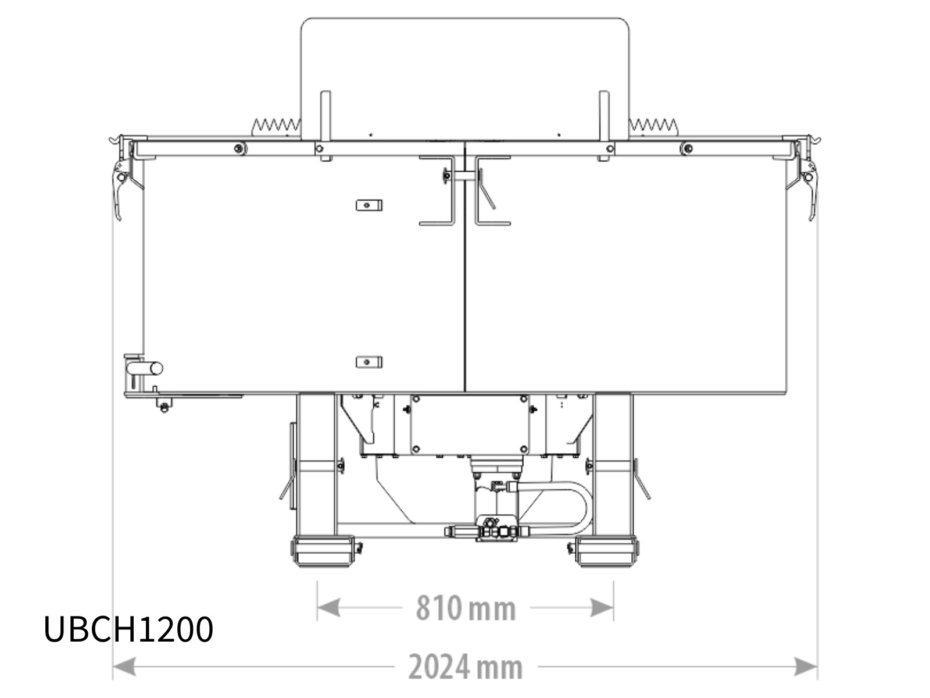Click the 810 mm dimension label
pos(466,608)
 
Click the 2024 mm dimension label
pos(466,667)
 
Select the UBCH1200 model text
pos(128,629)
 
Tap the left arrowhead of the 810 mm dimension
pos(329,608)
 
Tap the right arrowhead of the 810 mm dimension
pos(602,608)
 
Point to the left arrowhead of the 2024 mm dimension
pos(124,667)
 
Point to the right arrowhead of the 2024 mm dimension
pos(806,667)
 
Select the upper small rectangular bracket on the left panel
pos(369,205)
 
